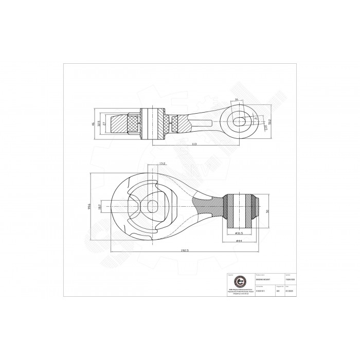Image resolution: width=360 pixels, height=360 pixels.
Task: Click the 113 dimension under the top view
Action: [194, 145]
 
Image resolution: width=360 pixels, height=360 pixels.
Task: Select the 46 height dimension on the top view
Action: [93, 124]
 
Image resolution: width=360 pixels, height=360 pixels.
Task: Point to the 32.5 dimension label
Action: [99, 124]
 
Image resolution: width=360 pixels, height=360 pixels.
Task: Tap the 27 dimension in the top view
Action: [105, 124]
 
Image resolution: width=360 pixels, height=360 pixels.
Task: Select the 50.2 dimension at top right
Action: [269, 122]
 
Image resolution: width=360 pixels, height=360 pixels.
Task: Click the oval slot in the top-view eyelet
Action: [240, 121]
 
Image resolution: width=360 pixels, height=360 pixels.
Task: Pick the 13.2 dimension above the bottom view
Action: [163, 164]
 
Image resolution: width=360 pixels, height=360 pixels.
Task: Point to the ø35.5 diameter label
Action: [240, 233]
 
